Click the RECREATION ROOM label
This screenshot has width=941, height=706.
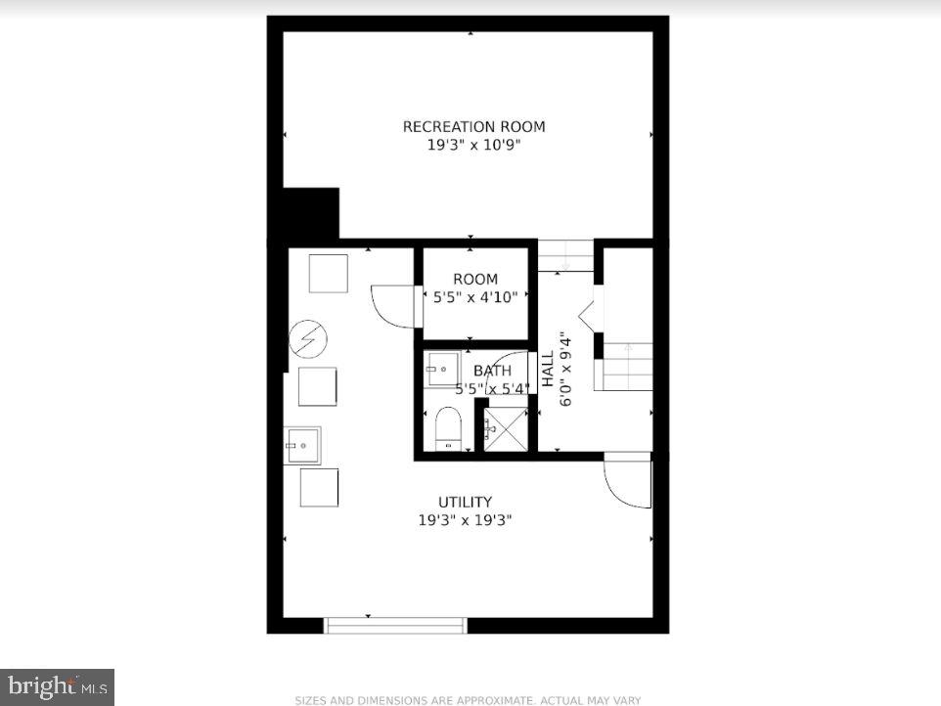pos(474,126)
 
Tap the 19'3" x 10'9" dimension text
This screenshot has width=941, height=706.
pos(474,146)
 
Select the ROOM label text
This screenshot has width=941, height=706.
pos(475,279)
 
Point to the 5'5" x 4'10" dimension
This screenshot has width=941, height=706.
pos(475,296)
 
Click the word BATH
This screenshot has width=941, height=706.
pos(492,371)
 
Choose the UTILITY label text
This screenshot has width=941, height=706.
pos(465,502)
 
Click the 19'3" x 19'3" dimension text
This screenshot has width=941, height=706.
pos(465,520)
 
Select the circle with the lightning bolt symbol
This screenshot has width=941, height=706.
pos(307,339)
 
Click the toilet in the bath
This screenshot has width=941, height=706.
pos(448,427)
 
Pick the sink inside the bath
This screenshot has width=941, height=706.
pos(441,370)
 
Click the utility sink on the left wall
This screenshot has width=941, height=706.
pos(302,445)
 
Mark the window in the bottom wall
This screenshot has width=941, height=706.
pos(395,625)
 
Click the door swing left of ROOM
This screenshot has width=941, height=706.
pos(394,304)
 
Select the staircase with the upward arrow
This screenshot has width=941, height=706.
pos(626,366)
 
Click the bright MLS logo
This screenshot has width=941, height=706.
pos(57,685)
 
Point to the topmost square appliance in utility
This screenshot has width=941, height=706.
pos(328,273)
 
